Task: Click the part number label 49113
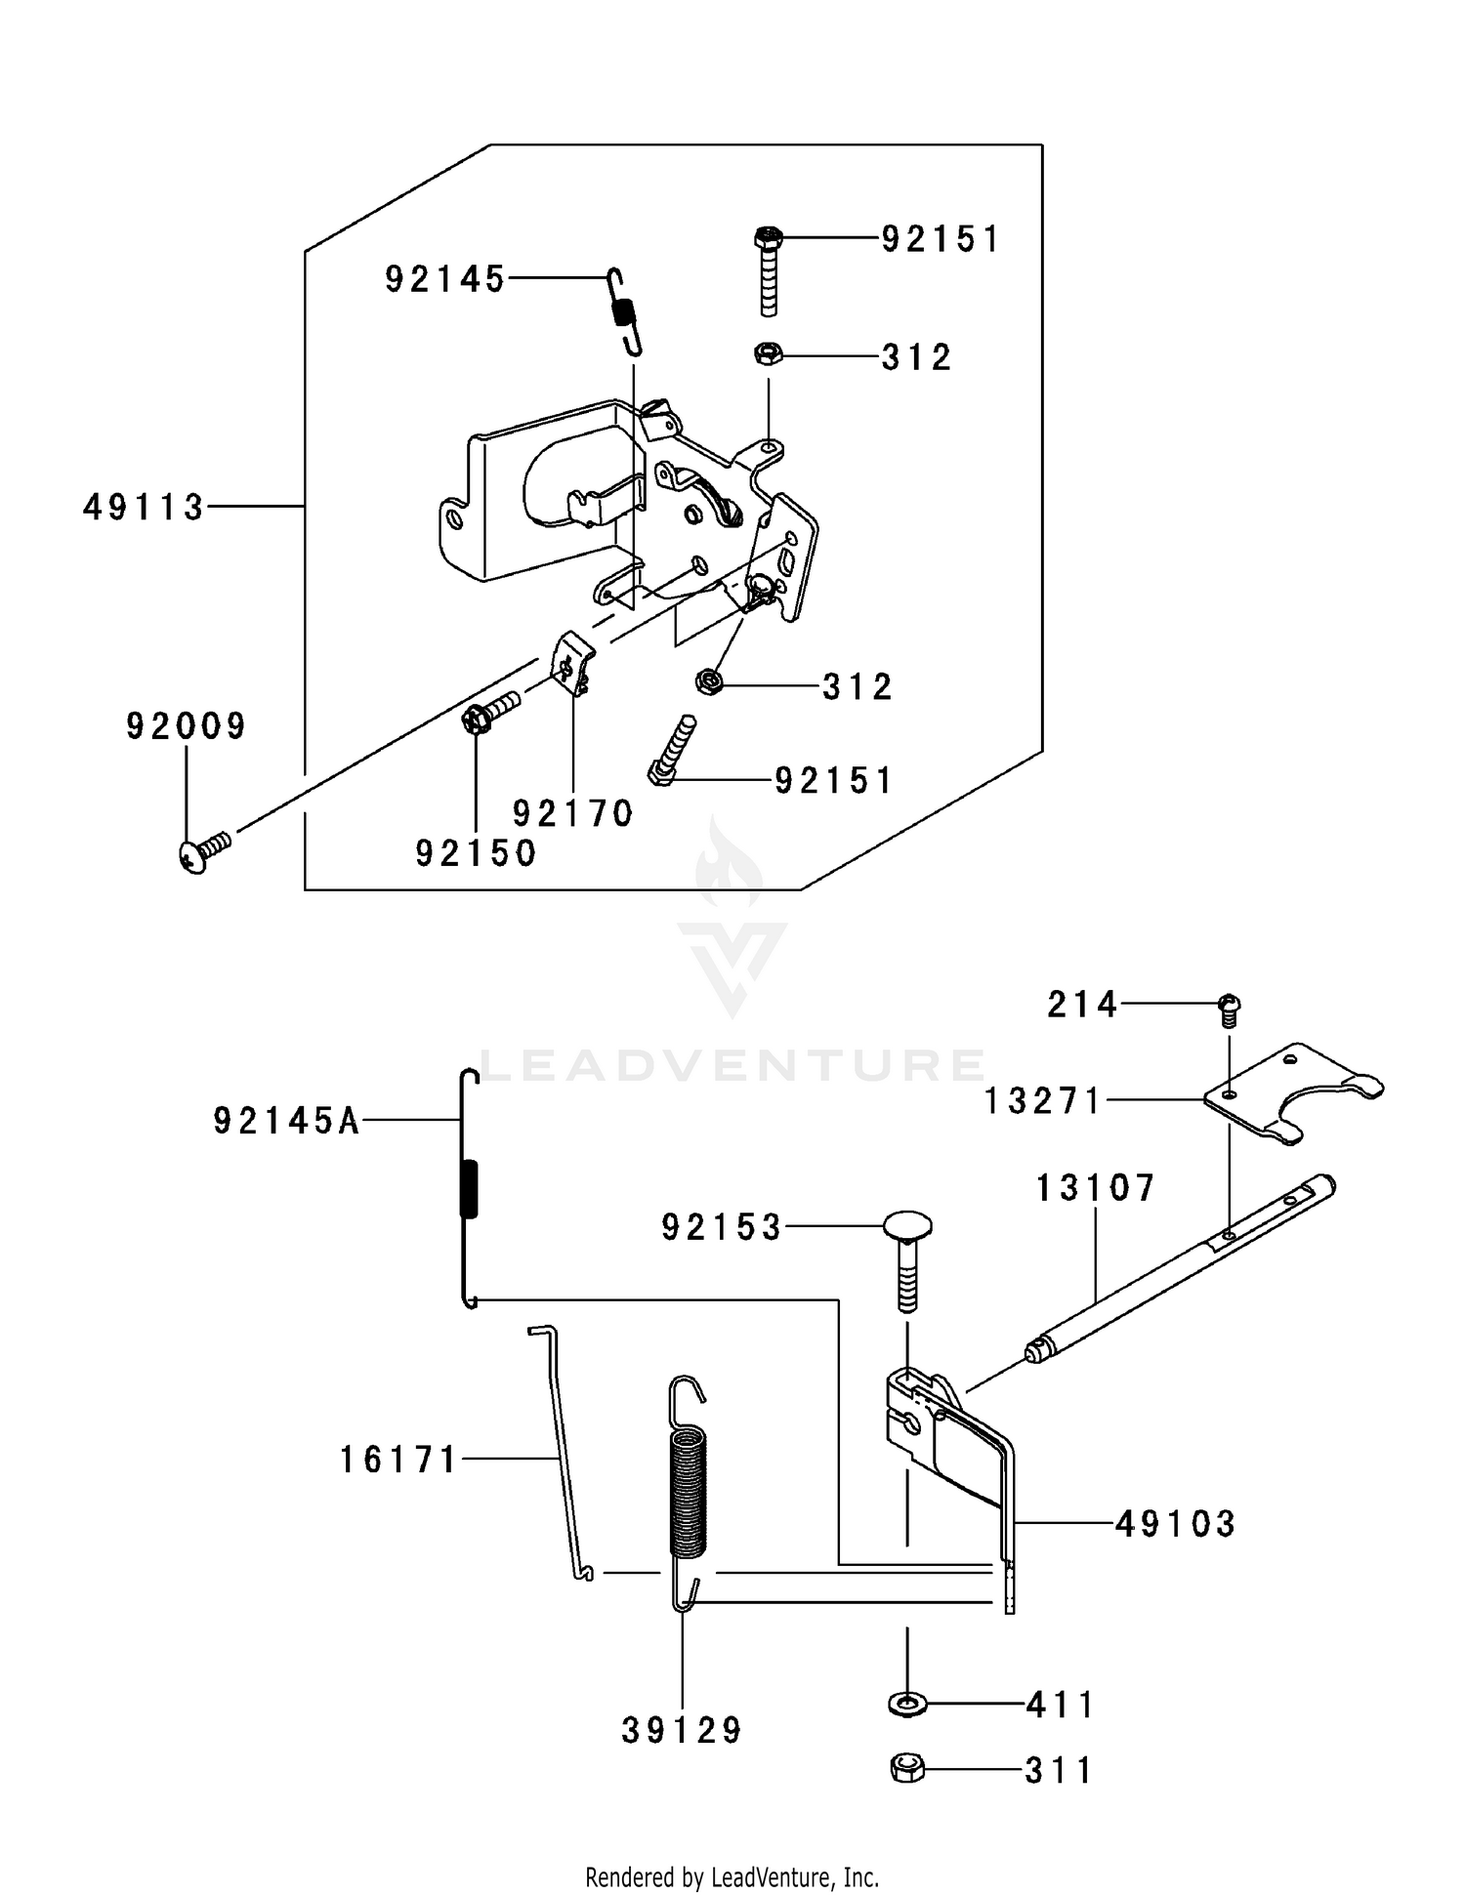click(x=144, y=508)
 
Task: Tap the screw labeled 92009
click(x=204, y=851)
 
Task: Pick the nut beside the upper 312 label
click(x=767, y=354)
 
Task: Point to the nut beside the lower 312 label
click(x=707, y=682)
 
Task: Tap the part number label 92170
click(x=573, y=813)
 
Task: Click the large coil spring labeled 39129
click(x=688, y=1494)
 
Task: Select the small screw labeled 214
click(x=1230, y=1009)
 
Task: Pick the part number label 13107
click(x=1095, y=1188)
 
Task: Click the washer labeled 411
click(x=908, y=1704)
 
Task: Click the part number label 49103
click(x=1175, y=1523)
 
